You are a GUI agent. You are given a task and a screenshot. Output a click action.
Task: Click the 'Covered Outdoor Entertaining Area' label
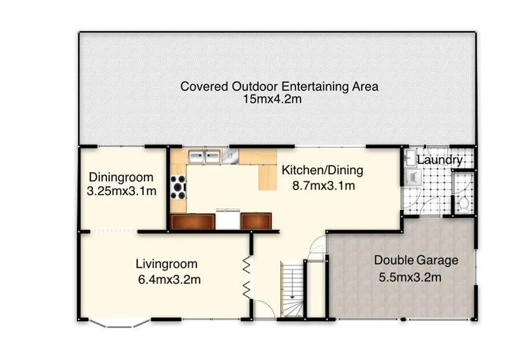point(279,87)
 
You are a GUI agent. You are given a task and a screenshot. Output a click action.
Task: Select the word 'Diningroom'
point(120,177)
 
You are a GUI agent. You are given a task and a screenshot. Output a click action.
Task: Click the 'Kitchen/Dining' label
point(322,170)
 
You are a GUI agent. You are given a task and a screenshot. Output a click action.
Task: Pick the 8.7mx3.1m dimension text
point(322,185)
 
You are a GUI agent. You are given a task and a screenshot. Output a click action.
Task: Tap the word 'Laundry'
point(440,160)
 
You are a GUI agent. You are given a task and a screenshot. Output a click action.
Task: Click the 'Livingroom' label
point(167,263)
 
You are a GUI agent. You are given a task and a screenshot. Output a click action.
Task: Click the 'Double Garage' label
point(415,260)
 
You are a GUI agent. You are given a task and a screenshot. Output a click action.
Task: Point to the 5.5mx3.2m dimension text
point(410,277)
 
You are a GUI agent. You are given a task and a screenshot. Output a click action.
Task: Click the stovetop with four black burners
point(178,188)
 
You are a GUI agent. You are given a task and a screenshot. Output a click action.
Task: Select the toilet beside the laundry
point(464,204)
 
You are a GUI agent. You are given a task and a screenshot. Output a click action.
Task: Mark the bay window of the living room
point(115,323)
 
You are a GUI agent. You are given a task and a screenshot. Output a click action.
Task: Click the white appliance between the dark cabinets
point(227,219)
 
